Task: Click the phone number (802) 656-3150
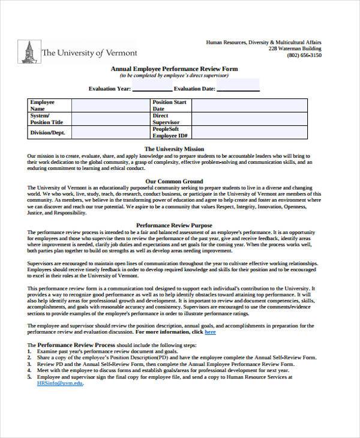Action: tap(304, 55)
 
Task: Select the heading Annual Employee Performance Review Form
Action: tap(174, 69)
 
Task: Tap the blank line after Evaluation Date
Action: tap(238, 89)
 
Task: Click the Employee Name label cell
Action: tap(50, 106)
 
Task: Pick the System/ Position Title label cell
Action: tap(50, 118)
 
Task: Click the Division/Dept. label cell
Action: tap(50, 132)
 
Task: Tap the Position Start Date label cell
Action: tap(170, 106)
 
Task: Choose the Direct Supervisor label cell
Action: tap(170, 118)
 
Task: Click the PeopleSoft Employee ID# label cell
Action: tap(170, 132)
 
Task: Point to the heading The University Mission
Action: tap(175, 148)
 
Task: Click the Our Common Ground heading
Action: tap(175, 181)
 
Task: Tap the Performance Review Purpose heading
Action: tap(175, 223)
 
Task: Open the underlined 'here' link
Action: tap(210, 331)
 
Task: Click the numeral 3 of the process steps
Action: tap(29, 364)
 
